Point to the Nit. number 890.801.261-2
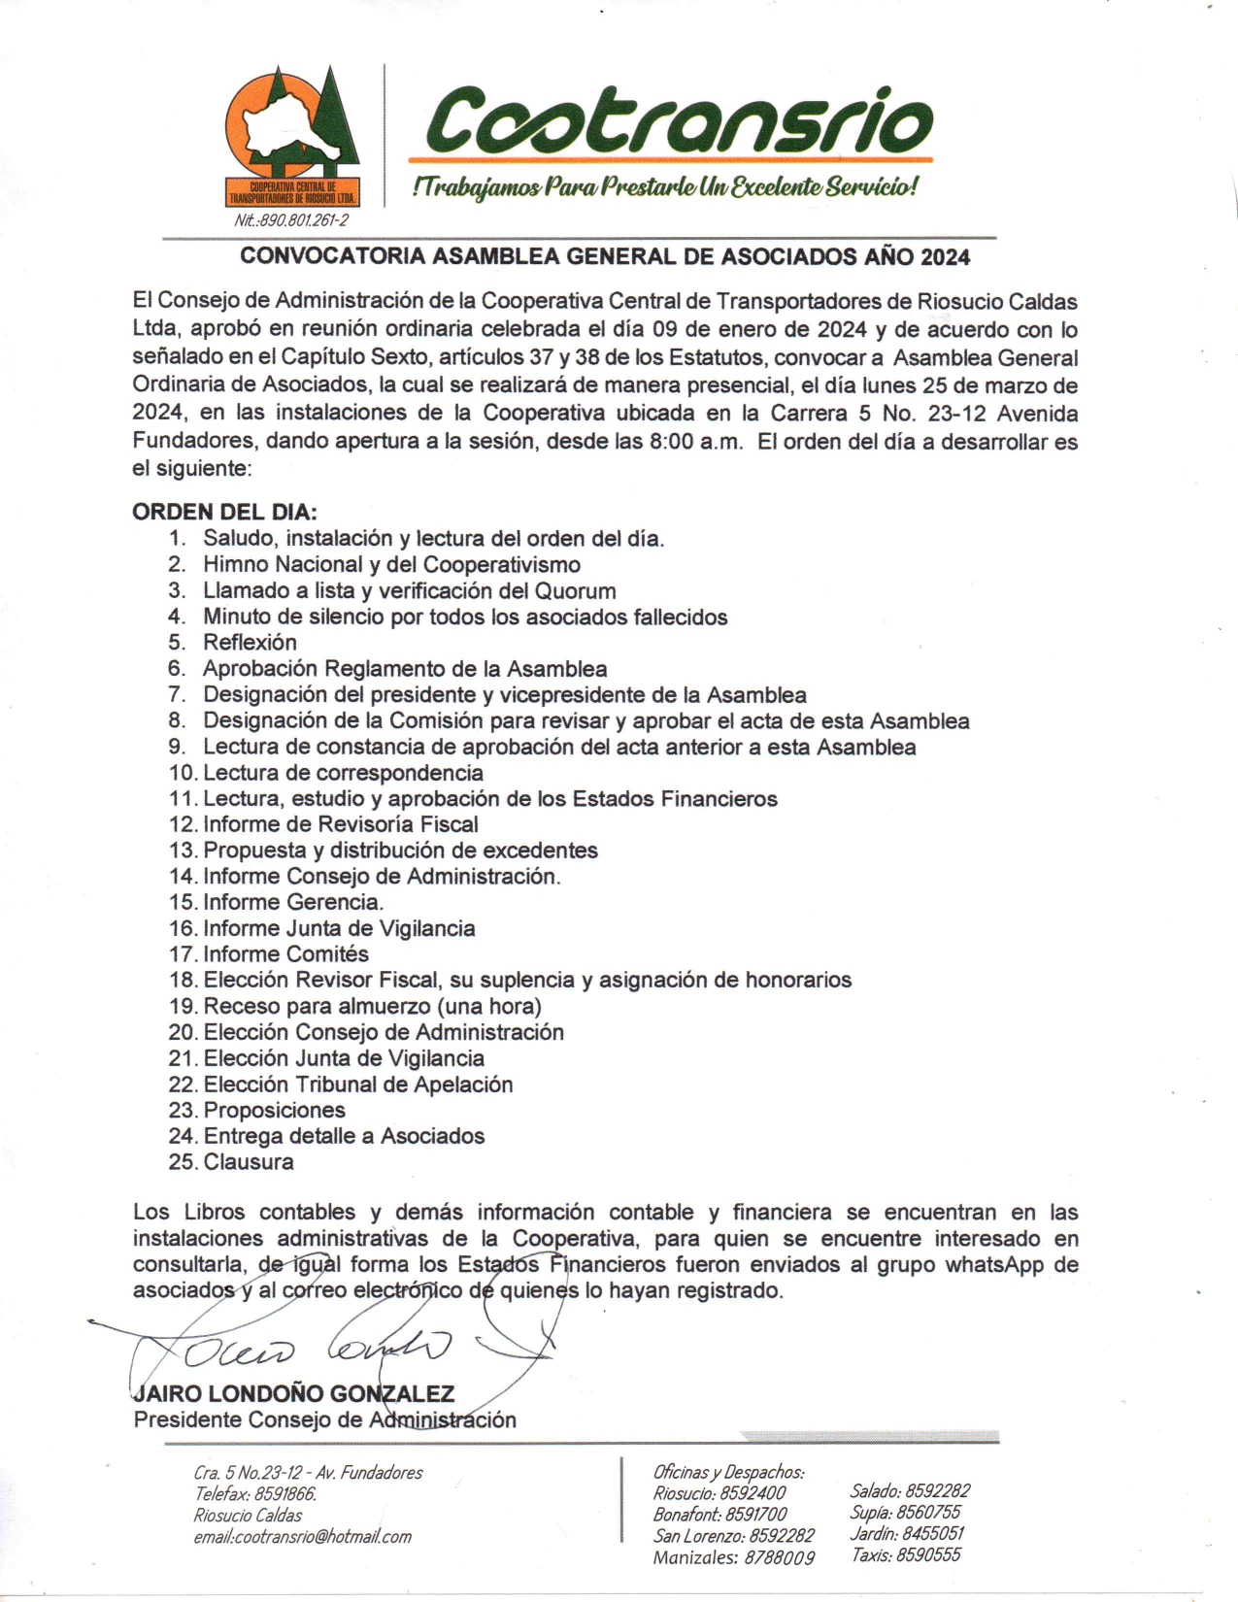(x=290, y=220)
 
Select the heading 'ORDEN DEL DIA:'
(x=224, y=512)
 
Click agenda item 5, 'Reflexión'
(x=250, y=642)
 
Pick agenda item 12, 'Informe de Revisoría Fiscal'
(x=340, y=824)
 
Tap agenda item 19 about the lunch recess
(x=372, y=1006)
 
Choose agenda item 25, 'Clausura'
(x=248, y=1162)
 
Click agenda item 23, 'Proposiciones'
(x=274, y=1110)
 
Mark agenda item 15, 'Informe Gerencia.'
(x=293, y=902)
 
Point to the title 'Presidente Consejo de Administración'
(x=324, y=1419)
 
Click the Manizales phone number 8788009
(x=780, y=1558)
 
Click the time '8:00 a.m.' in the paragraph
(x=695, y=442)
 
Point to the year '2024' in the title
(x=945, y=256)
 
